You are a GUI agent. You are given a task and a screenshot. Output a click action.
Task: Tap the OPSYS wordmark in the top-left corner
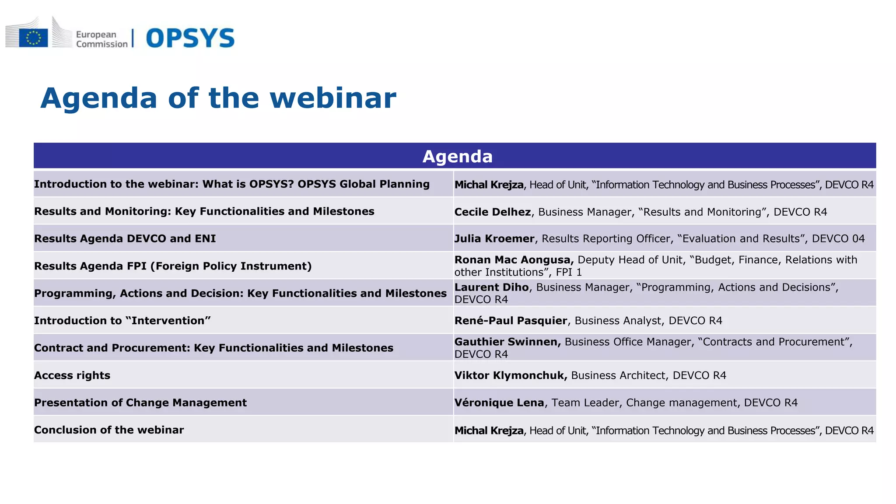point(190,38)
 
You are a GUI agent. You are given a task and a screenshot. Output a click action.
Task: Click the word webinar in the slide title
point(333,98)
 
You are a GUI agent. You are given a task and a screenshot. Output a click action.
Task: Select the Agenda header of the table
point(457,157)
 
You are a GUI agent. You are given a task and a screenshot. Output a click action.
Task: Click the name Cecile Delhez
point(492,212)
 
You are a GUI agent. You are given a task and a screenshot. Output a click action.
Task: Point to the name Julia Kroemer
point(494,239)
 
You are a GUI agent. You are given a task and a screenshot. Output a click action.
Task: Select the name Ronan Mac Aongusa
point(514,260)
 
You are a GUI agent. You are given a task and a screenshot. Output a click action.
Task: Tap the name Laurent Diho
point(491,287)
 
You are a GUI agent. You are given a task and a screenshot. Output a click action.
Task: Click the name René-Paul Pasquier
point(511,321)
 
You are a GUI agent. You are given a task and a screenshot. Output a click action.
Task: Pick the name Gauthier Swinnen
point(507,342)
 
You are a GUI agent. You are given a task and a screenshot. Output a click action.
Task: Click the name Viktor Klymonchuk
point(511,375)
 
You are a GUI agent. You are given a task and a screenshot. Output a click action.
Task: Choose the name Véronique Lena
point(499,403)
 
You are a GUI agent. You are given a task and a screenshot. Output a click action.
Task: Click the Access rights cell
point(72,375)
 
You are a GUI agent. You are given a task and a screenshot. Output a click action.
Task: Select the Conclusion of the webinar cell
point(109,430)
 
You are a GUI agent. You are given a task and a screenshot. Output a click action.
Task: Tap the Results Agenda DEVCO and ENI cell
point(125,239)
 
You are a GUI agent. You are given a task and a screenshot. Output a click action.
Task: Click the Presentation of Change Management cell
point(140,403)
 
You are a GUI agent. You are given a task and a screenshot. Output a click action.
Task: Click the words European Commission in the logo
point(101,39)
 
